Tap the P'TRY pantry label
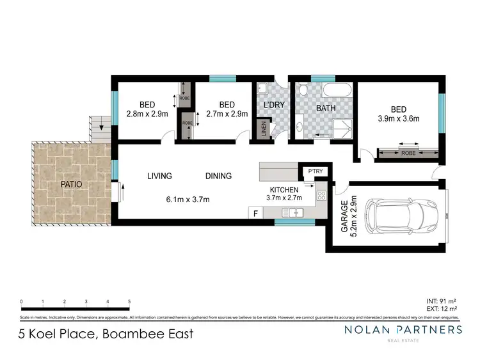[314, 172]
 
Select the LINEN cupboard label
[263, 129]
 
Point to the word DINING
[218, 176]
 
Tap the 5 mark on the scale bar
[129, 301]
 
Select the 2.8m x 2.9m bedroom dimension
[147, 114]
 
